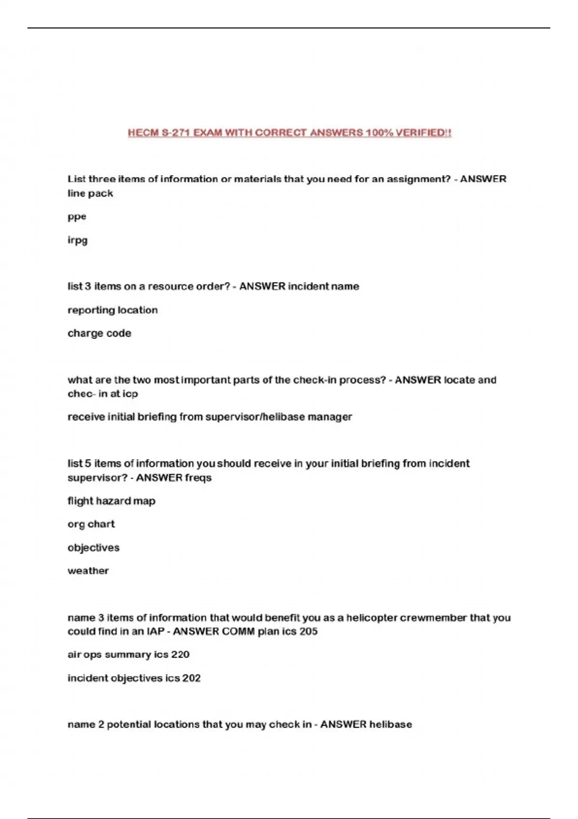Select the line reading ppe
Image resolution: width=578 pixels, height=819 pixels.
point(77,217)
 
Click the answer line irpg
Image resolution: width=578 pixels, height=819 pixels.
point(78,240)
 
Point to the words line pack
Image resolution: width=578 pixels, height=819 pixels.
point(90,193)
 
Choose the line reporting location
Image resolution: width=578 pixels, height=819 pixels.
point(112,310)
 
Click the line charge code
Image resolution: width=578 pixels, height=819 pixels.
point(99,333)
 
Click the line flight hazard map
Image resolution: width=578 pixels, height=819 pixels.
point(111,501)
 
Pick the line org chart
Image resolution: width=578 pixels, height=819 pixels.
point(91,524)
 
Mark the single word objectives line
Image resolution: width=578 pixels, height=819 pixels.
point(93,548)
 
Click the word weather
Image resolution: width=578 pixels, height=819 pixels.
point(88,571)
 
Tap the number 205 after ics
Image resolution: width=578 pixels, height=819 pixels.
point(308,631)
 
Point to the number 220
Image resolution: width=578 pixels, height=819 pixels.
point(180,655)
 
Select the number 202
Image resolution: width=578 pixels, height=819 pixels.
point(191,678)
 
